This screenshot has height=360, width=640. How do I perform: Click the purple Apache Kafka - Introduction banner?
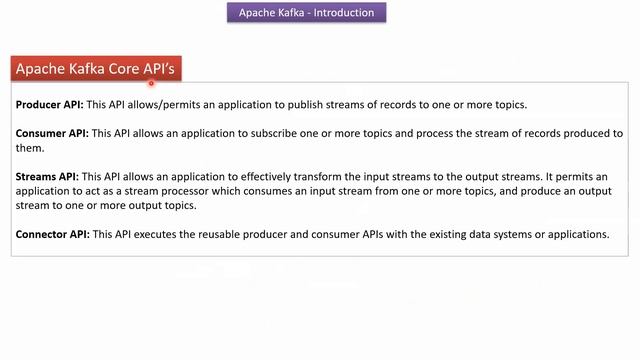click(306, 13)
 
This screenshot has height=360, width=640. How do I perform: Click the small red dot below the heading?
click(151, 84)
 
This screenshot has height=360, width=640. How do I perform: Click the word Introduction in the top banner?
click(342, 13)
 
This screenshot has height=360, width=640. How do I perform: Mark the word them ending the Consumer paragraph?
click(30, 148)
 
